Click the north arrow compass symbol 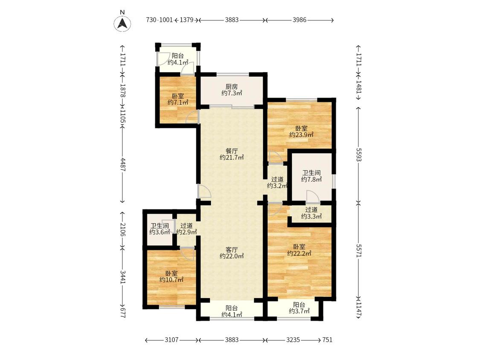[x=122, y=23]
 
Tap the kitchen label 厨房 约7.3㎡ [x=232, y=90]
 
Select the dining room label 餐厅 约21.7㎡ [x=232, y=154]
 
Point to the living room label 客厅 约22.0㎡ [x=232, y=253]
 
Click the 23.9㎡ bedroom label [x=302, y=132]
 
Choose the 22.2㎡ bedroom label [x=299, y=250]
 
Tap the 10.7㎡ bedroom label [x=172, y=276]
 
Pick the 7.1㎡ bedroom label [x=178, y=99]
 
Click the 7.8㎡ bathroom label [x=311, y=176]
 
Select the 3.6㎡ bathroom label [x=160, y=229]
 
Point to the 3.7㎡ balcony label [x=299, y=308]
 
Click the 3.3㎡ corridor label [x=311, y=213]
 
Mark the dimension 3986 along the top [x=300, y=20]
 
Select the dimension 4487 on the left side [x=123, y=165]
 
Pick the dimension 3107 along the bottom [x=172, y=340]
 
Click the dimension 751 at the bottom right [x=327, y=340]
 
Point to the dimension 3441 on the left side [x=123, y=277]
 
